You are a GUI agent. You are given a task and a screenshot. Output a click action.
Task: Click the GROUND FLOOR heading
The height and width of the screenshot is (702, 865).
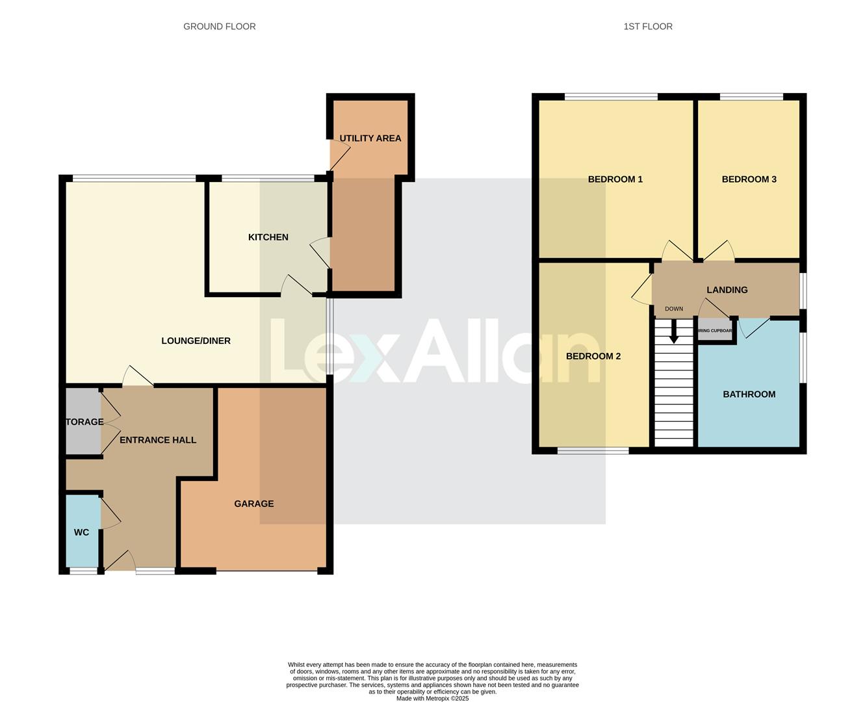coord(219,27)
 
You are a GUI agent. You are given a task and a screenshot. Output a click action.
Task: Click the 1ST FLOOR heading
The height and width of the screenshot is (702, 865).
coord(647,27)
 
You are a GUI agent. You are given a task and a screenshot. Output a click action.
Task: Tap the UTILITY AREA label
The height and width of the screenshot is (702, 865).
coord(370,138)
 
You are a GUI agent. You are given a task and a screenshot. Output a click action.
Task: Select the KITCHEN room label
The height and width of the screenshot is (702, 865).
coord(268,237)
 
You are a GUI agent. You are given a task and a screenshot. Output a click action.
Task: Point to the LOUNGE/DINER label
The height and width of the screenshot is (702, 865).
coord(196,341)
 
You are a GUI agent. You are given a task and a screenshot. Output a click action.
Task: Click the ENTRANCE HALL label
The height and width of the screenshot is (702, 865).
coord(158,440)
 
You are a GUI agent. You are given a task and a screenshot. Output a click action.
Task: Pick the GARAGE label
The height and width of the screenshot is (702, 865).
coord(253,504)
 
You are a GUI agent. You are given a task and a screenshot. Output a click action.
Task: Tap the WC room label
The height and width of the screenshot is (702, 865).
coord(81,532)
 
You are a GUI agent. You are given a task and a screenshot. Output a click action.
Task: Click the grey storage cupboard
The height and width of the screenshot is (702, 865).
coord(83,422)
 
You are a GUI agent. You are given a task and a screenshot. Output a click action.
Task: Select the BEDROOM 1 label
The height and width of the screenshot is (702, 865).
coord(615,179)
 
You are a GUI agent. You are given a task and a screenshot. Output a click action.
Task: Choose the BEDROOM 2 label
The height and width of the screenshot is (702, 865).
coord(593,356)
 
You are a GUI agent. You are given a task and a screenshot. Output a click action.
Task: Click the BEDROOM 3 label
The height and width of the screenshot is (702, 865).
coord(749,179)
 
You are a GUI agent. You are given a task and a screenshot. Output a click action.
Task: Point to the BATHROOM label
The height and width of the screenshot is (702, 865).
coord(749,395)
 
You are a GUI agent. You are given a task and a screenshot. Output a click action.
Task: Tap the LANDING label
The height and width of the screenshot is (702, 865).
coord(727,290)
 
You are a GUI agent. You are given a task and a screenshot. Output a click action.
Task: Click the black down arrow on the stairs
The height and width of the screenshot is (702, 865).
coord(673,332)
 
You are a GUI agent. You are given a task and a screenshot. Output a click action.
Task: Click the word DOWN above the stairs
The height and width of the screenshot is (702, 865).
coord(673,309)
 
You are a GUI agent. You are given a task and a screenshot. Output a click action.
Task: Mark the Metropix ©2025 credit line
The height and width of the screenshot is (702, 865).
coord(432,699)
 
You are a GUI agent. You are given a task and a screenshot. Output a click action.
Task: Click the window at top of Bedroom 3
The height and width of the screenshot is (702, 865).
coord(751,97)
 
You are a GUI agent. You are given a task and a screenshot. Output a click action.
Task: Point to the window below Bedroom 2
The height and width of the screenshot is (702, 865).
coord(593,450)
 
